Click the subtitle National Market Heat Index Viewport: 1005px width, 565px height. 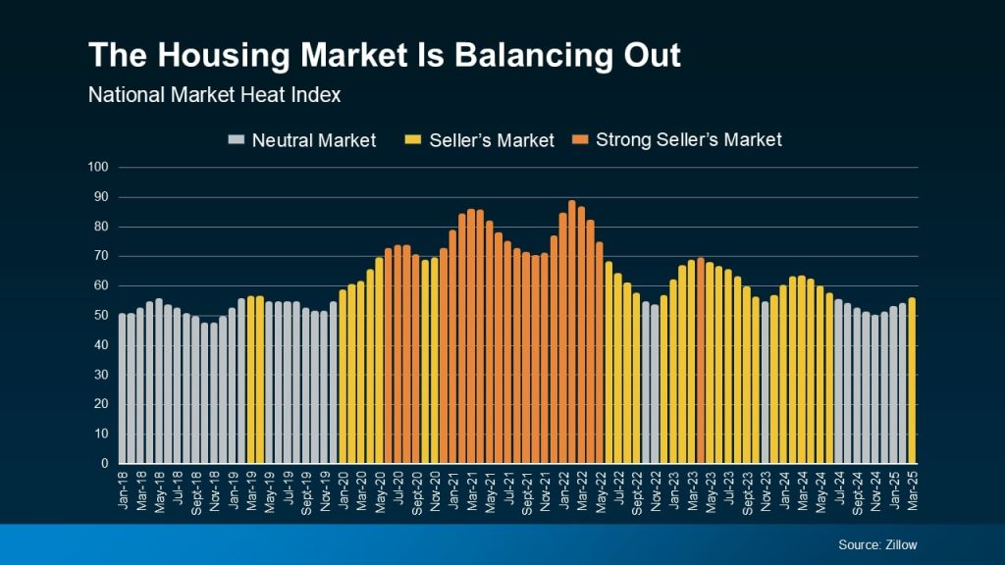214,96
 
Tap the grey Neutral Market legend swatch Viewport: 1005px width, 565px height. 237,140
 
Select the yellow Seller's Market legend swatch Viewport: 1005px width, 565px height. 414,140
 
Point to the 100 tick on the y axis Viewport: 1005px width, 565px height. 97,168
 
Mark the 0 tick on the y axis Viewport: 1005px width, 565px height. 103,463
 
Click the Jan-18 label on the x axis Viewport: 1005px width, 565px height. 124,488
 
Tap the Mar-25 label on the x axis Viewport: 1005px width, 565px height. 912,488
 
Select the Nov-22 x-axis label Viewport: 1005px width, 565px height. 655,489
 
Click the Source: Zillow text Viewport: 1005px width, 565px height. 877,544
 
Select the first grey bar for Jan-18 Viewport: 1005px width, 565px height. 123,388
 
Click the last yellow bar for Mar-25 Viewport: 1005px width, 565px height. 912,381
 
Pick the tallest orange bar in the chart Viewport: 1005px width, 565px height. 572,333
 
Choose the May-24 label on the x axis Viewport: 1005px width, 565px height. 820,489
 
